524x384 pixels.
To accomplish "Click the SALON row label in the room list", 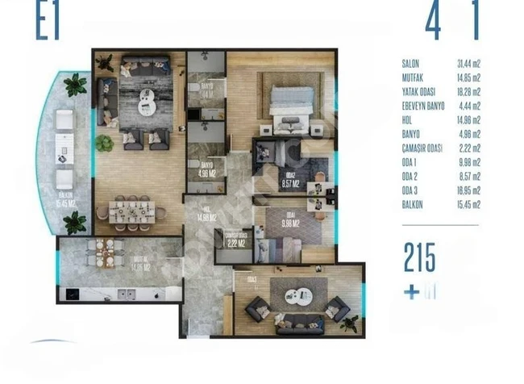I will tap(410, 62).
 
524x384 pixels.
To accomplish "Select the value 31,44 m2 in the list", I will tap(466, 62).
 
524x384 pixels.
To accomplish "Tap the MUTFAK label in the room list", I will tap(413, 78).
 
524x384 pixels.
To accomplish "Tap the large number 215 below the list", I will tap(419, 258).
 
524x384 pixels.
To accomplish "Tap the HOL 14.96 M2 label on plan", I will tap(202, 214).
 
